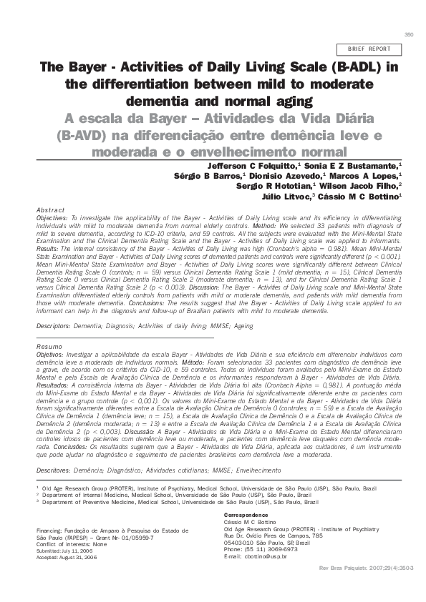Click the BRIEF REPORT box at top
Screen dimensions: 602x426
coord(369,49)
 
